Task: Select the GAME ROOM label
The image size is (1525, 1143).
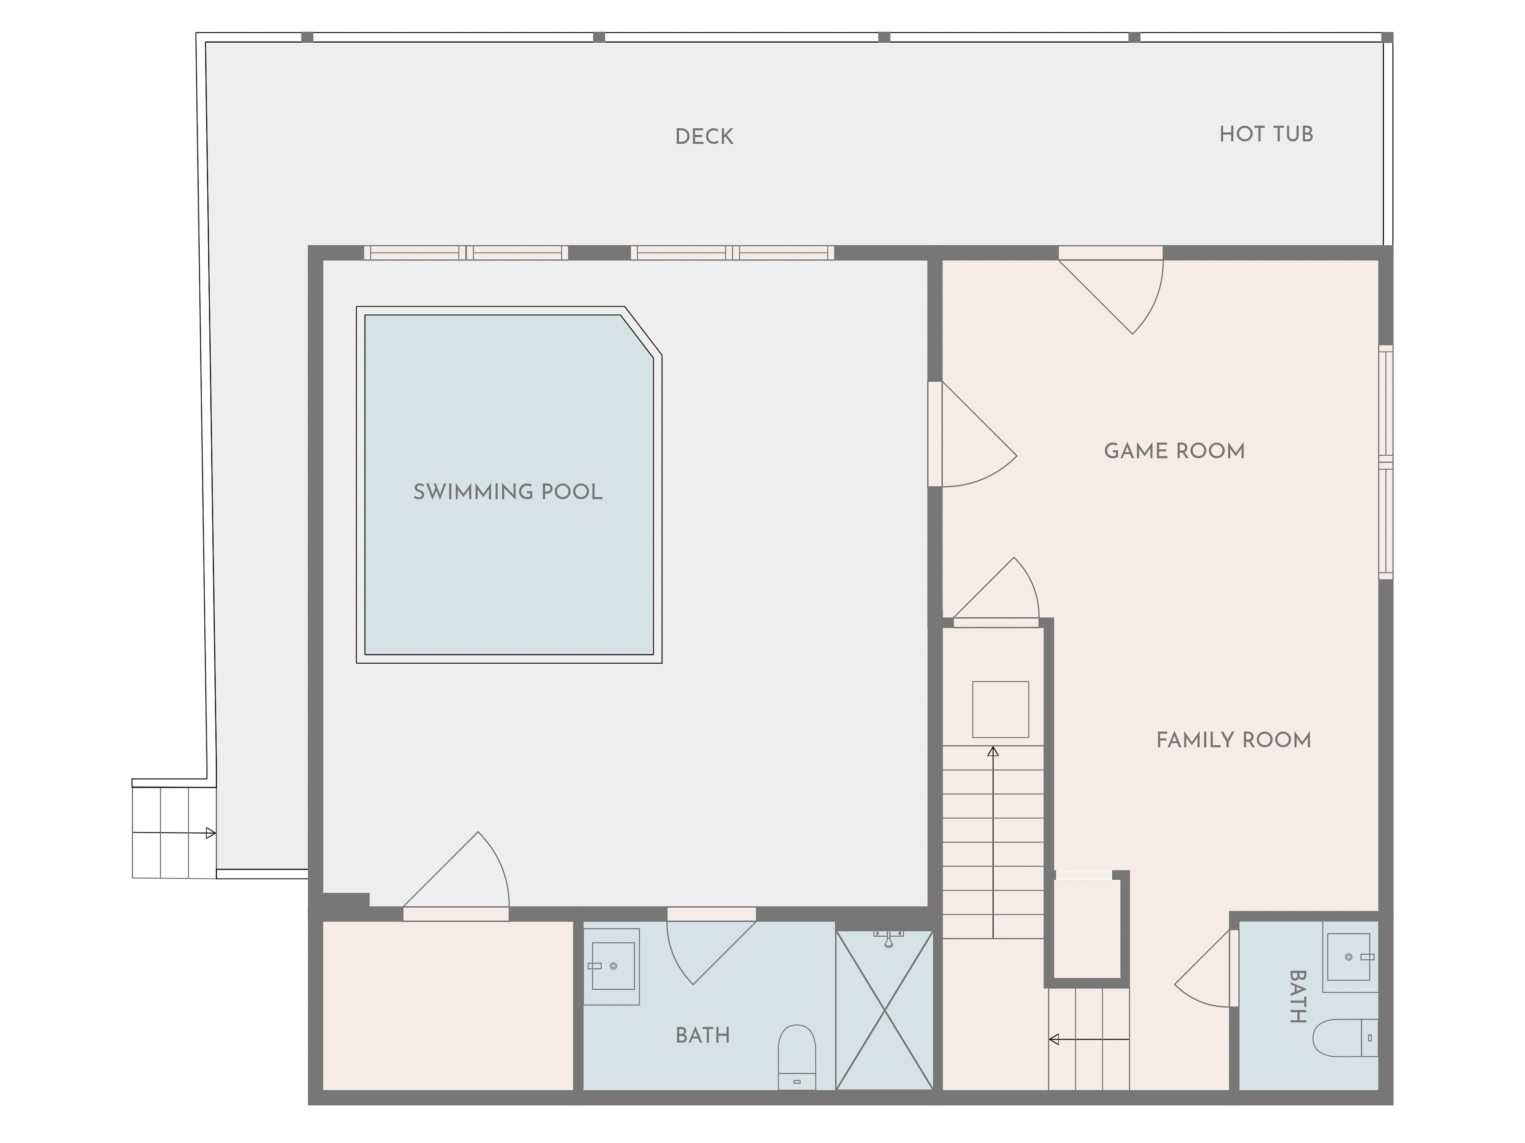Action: pyautogui.click(x=1174, y=451)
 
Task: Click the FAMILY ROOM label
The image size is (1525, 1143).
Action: pyautogui.click(x=1233, y=740)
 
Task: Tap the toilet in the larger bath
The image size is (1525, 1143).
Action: pyautogui.click(x=797, y=1058)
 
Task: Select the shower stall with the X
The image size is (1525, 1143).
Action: pyautogui.click(x=884, y=1011)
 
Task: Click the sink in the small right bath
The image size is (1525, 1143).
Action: pyautogui.click(x=1350, y=957)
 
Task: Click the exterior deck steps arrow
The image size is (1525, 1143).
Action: pyautogui.click(x=174, y=833)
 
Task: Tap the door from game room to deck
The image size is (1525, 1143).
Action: pyautogui.click(x=1111, y=289)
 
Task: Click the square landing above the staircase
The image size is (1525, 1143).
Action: pyautogui.click(x=1000, y=710)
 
